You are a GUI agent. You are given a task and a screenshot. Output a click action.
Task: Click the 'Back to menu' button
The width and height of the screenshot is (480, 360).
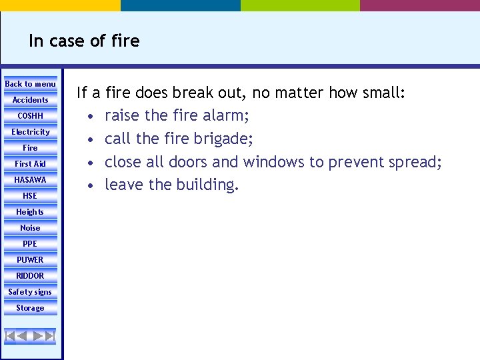click(x=31, y=84)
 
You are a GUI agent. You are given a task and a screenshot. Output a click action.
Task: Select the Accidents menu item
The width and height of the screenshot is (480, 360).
click(x=31, y=100)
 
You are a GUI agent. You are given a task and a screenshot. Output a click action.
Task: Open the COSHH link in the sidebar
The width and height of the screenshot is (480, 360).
click(x=31, y=116)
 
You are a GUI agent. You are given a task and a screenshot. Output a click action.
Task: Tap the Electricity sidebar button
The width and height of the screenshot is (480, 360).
click(x=31, y=132)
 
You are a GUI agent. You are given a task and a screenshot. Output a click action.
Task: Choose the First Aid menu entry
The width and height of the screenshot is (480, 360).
click(x=31, y=164)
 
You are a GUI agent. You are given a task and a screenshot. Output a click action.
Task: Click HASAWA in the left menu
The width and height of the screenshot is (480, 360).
click(x=31, y=180)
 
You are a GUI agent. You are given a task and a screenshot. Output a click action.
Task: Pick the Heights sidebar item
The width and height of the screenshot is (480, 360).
click(x=31, y=212)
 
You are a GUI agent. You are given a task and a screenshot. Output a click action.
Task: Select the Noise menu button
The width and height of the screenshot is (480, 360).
click(x=31, y=228)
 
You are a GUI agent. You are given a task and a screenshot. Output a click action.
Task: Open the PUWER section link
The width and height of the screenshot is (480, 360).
click(x=31, y=260)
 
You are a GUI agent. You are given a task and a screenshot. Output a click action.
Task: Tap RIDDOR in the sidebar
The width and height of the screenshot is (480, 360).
click(x=31, y=276)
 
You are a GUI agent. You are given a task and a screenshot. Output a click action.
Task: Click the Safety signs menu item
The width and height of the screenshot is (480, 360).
click(x=31, y=292)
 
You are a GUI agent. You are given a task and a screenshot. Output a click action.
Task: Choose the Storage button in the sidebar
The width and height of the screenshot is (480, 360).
click(x=31, y=308)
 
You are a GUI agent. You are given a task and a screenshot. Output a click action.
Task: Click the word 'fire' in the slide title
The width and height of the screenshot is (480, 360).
click(x=125, y=41)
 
